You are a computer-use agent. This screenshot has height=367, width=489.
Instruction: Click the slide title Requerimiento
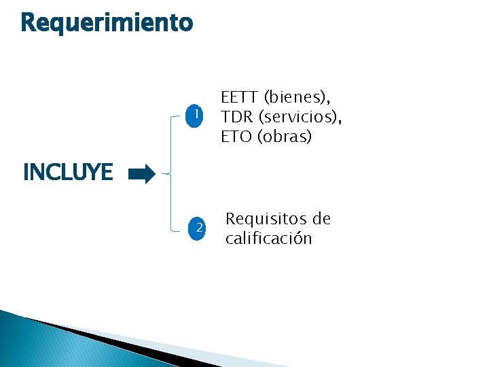107,23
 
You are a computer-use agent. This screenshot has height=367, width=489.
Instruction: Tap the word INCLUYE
68,173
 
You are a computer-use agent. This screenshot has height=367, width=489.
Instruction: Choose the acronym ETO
236,137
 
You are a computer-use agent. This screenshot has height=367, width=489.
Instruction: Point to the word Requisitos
264,219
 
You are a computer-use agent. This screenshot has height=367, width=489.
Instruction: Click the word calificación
269,239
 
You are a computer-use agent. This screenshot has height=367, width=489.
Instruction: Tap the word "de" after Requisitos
320,219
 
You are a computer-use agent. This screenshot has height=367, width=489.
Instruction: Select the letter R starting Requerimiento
29,23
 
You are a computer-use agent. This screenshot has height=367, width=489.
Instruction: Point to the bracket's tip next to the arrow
163,175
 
